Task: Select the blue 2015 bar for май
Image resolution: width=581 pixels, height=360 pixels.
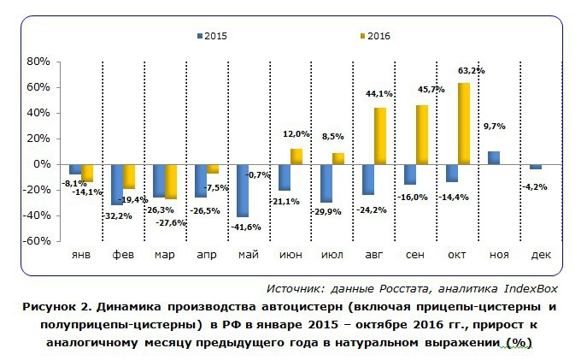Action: point(243,190)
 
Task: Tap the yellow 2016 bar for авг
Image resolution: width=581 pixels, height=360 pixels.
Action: point(380,135)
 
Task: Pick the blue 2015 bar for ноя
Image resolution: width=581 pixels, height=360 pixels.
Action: point(494,157)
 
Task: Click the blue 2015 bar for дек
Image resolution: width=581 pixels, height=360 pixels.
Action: point(536,166)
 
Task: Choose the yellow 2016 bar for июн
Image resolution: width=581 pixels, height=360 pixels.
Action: point(296,156)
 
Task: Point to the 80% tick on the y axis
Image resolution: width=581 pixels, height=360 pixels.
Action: point(40,62)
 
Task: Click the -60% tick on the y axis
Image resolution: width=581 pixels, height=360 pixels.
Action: point(38,241)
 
